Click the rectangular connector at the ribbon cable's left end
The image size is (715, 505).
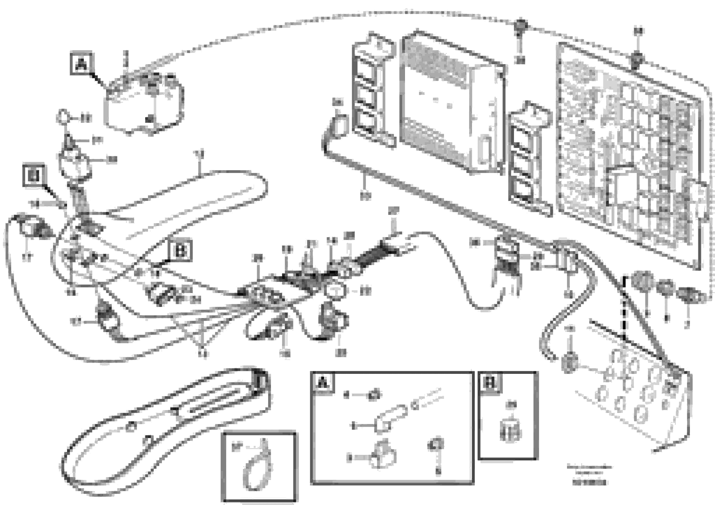click(339, 125)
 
